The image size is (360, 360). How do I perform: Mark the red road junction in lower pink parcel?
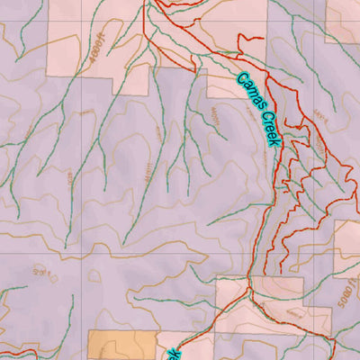pos(246,293)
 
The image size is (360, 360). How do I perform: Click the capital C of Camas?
pos(241,80)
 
